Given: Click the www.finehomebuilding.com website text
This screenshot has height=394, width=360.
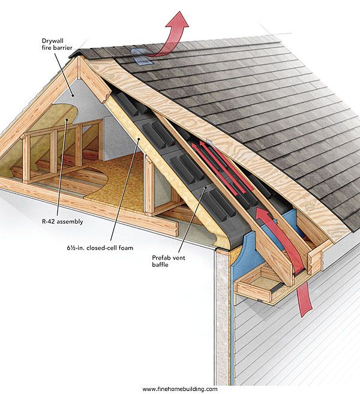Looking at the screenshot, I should tap(179, 389).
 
